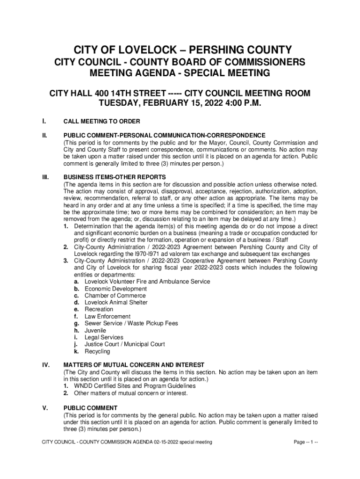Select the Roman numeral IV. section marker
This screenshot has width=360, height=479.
coord(45,365)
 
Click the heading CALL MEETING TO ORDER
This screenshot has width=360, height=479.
coord(101,122)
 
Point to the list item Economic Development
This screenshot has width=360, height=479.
coord(115,289)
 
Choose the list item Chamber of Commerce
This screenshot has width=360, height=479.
coord(115,296)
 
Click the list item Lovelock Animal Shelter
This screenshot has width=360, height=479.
coord(116,303)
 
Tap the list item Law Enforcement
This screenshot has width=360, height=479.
coord(108,317)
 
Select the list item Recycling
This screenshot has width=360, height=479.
coord(97,351)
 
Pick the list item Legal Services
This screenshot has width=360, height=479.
coord(104,337)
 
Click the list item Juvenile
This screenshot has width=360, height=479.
coord(95,330)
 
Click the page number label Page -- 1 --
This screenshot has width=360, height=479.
coord(306,442)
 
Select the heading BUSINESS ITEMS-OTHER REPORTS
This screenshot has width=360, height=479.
coord(115,177)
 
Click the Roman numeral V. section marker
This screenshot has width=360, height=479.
coord(44,408)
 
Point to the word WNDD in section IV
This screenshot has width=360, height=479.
coord(83,386)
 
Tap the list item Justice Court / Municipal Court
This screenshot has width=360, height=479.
coord(124,344)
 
